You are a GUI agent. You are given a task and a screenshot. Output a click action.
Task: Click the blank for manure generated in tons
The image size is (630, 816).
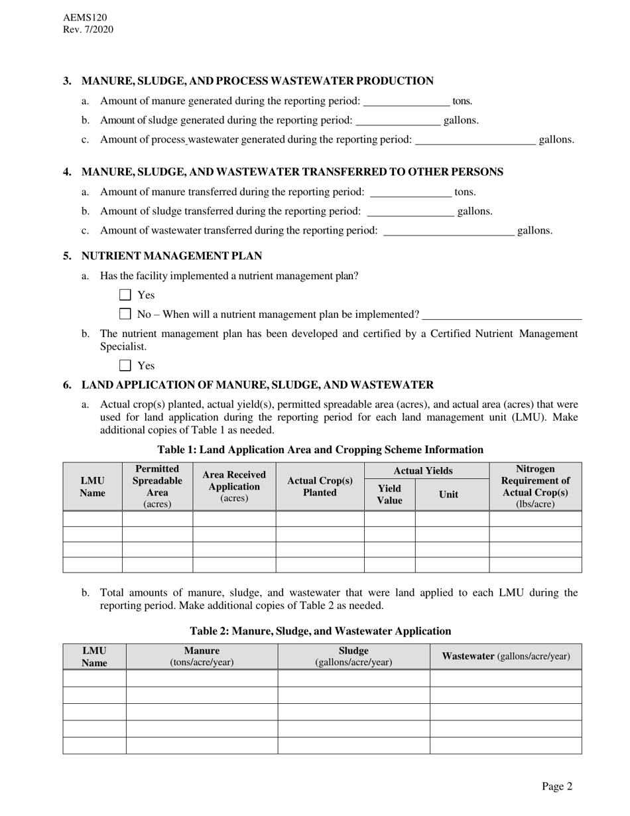[x=407, y=102]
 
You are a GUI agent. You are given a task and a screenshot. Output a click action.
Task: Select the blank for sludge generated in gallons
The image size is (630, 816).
[x=398, y=121]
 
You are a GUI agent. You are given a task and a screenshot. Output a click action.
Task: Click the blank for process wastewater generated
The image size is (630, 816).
[x=474, y=141]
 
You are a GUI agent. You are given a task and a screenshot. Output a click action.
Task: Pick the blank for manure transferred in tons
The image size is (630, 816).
[x=410, y=193]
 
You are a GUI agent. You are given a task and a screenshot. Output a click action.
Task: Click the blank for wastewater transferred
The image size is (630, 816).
[x=449, y=232]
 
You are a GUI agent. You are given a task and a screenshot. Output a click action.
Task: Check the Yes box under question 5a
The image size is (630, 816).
[x=125, y=295]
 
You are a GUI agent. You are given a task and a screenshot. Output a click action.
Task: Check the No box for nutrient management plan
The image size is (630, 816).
[x=125, y=314]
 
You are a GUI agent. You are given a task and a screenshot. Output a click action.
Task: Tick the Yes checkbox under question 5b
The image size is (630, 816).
[x=125, y=366]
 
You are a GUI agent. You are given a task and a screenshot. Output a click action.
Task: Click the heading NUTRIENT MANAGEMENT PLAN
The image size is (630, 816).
[x=171, y=256]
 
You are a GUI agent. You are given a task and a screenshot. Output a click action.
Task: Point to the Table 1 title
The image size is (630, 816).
[x=320, y=450]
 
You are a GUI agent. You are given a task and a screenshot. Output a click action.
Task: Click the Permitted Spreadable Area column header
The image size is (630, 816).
[x=157, y=486]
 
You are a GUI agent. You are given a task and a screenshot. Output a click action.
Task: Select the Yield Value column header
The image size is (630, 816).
[x=389, y=494]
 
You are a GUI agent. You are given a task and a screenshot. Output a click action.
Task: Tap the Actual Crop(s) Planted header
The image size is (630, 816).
[x=320, y=486]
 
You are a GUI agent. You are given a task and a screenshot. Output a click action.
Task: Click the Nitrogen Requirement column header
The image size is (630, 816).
[x=535, y=486]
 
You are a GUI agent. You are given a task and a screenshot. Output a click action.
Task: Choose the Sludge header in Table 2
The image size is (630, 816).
[x=353, y=656]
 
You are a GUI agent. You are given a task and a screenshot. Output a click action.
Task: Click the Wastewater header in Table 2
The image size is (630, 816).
[x=505, y=656]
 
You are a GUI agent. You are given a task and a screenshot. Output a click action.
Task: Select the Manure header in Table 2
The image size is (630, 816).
[x=202, y=656]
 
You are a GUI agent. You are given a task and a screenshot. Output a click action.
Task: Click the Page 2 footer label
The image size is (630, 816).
[x=556, y=787]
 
